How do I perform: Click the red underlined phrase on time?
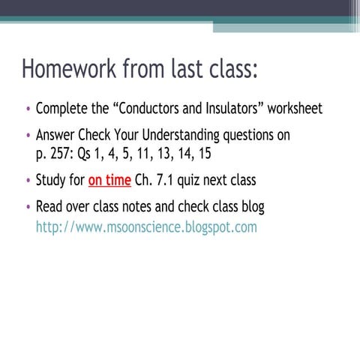point(109,180)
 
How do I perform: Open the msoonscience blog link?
point(145,226)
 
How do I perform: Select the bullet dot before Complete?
point(28,110)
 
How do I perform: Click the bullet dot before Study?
point(28,181)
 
